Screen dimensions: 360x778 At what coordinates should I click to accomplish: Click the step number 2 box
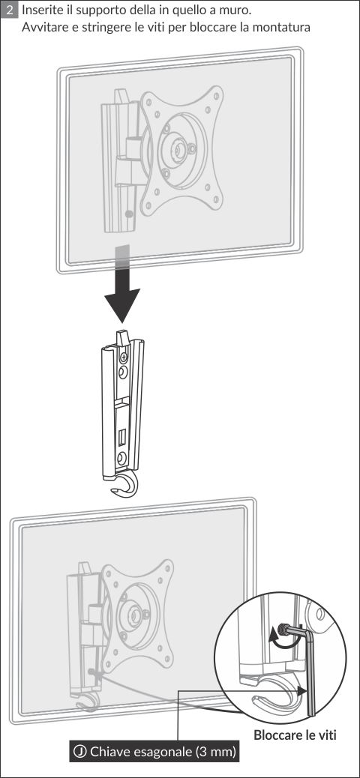click(x=10, y=10)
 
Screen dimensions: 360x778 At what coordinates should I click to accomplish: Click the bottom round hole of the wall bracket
click(x=121, y=458)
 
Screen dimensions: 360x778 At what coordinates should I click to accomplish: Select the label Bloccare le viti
click(x=295, y=735)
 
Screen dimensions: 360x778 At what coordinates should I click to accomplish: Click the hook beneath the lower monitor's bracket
click(x=88, y=705)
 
